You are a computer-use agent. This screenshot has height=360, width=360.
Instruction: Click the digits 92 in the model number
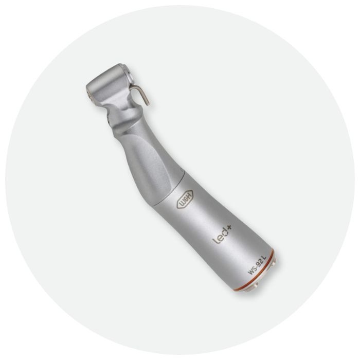257,264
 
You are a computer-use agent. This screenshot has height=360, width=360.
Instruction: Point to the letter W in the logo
182,206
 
